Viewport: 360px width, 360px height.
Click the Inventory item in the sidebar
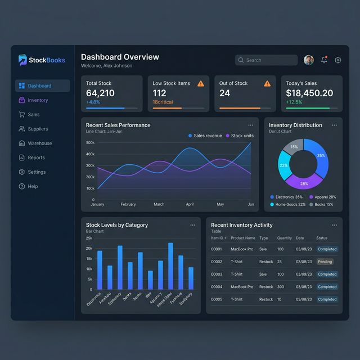pos(37,100)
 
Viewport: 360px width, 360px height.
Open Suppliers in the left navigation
pos(38,129)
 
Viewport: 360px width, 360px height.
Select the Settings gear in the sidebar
pos(22,172)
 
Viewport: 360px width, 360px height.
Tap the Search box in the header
pos(266,60)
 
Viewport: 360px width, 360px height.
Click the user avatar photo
pos(309,60)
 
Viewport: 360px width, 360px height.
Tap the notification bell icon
pos(324,60)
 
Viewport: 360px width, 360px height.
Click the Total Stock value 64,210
pos(100,93)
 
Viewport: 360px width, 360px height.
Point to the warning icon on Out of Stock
pos(267,83)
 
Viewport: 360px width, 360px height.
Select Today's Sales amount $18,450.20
pos(309,93)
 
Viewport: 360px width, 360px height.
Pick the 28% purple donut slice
pos(304,182)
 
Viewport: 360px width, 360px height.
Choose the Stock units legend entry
pos(240,136)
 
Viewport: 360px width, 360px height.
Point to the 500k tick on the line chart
pos(90,143)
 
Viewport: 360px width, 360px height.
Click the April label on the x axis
pos(190,204)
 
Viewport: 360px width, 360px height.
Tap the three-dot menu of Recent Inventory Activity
pos(334,225)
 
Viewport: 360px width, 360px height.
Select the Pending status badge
pos(325,262)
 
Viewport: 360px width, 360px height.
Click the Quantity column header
pos(285,238)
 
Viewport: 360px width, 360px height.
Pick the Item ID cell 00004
pos(217,287)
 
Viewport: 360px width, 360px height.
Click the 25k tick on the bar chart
pos(89,238)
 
